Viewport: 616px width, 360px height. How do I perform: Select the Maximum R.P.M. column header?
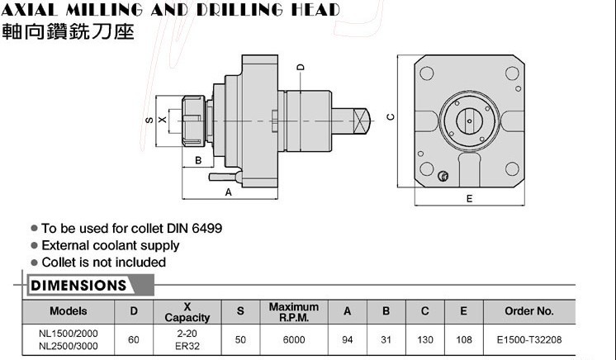point(294,312)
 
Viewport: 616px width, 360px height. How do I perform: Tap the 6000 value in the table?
point(293,339)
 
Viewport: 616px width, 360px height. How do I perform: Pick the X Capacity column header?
point(187,312)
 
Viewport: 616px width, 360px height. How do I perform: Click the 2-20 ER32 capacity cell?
point(187,339)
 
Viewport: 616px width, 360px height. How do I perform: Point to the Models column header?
point(69,312)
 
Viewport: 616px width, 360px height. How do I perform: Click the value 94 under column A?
point(348,339)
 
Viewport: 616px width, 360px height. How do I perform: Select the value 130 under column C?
point(424,339)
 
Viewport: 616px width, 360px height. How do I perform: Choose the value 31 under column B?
point(385,339)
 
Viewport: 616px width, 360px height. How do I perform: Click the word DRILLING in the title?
point(233,10)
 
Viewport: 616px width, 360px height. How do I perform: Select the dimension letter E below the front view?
point(469,198)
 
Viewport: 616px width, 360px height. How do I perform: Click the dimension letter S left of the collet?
point(149,120)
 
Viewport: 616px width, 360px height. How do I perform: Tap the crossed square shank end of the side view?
point(363,121)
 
